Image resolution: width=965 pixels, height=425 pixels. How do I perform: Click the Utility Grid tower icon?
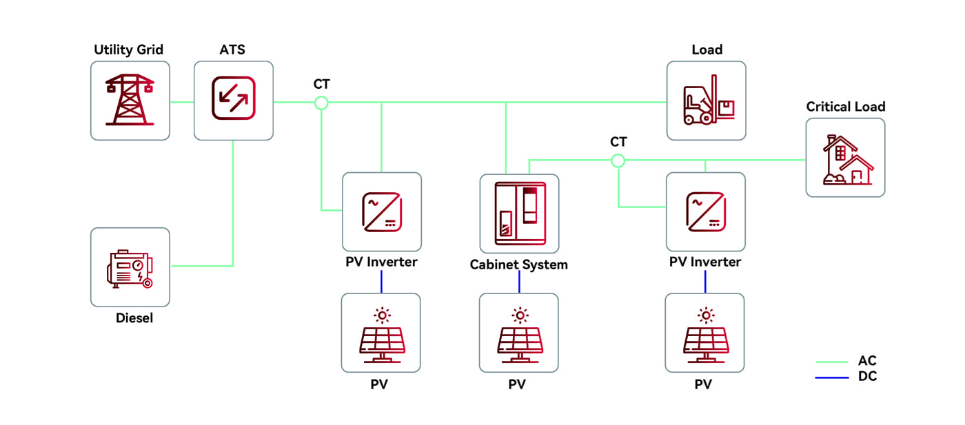pyautogui.click(x=130, y=101)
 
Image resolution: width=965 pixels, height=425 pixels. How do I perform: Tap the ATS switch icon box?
pyautogui.click(x=234, y=101)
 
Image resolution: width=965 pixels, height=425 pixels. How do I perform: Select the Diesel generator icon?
pyautogui.click(x=130, y=267)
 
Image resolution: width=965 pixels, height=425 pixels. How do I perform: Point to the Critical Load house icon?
pyautogui.click(x=845, y=158)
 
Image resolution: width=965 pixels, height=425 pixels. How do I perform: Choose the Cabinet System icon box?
pyautogui.click(x=520, y=214)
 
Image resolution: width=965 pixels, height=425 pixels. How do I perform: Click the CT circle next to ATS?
pyautogui.click(x=321, y=103)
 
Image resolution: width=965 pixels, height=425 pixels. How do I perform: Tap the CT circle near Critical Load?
pyautogui.click(x=618, y=160)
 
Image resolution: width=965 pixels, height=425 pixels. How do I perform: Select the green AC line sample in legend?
pyautogui.click(x=831, y=362)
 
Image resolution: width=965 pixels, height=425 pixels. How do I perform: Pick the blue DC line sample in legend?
pyautogui.click(x=831, y=377)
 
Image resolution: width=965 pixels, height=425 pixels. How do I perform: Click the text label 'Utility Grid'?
pyautogui.click(x=129, y=50)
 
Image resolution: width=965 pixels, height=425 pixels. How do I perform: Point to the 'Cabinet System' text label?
pyautogui.click(x=519, y=265)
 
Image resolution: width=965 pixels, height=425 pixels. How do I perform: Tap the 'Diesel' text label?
pyautogui.click(x=134, y=318)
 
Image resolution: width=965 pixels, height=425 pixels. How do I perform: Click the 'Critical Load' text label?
pyautogui.click(x=846, y=107)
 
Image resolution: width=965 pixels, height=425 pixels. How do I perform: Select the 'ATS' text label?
pyautogui.click(x=233, y=50)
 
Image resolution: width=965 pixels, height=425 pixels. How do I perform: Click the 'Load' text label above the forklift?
pyautogui.click(x=707, y=50)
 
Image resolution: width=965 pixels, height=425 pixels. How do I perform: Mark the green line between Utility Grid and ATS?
pyautogui.click(x=181, y=102)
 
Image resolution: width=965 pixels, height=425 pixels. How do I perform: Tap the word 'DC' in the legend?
pyautogui.click(x=867, y=377)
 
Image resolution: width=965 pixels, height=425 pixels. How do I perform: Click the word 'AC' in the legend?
pyautogui.click(x=867, y=361)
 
